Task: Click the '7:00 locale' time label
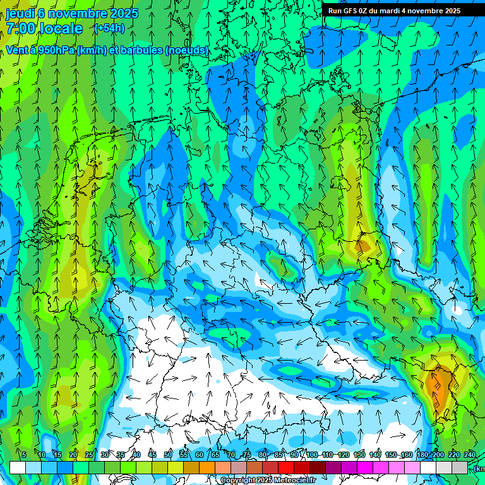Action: pyautogui.click(x=44, y=28)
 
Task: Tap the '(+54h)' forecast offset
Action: pyautogui.click(x=109, y=28)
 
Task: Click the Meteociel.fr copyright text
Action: pyautogui.click(x=268, y=480)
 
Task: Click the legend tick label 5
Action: pyautogui.click(x=23, y=455)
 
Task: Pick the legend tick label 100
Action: pyautogui.click(x=312, y=455)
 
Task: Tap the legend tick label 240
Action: pyautogui.click(x=470, y=455)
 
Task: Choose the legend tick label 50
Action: pyautogui.click(x=168, y=455)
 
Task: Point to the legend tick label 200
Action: pyautogui.click(x=438, y=455)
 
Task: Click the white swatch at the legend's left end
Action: pyautogui.click(x=18, y=467)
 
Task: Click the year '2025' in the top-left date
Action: pyautogui.click(x=124, y=13)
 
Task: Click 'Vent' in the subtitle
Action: pyautogui.click(x=18, y=50)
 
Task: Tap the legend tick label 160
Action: pyautogui.click(x=407, y=455)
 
